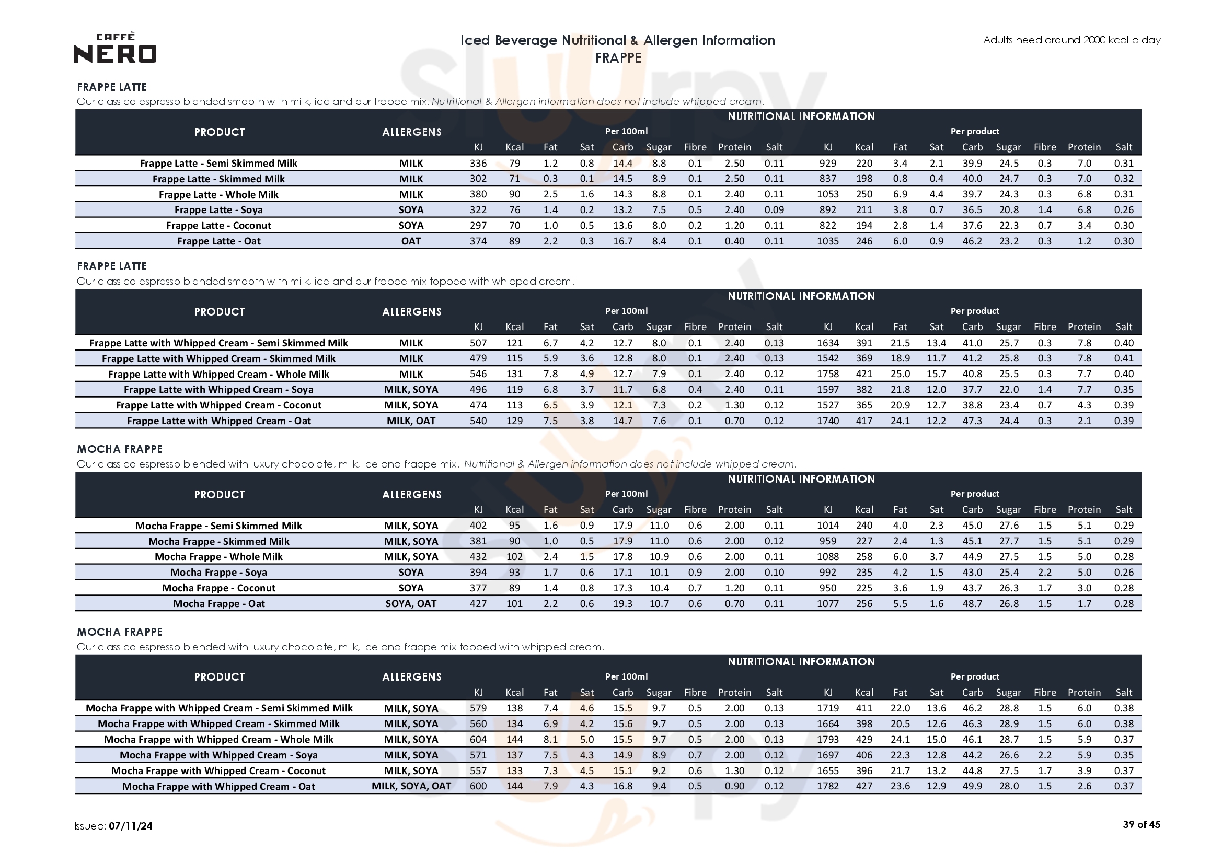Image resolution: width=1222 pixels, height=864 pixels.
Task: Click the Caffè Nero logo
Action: (115, 48)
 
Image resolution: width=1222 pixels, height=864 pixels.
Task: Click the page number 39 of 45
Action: (1141, 825)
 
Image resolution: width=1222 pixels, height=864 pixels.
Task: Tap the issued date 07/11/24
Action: (130, 826)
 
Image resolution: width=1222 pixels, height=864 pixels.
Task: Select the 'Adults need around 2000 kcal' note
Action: (1071, 40)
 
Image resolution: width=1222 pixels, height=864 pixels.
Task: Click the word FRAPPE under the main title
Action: (617, 58)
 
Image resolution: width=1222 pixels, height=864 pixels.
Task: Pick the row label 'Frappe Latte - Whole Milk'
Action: (218, 195)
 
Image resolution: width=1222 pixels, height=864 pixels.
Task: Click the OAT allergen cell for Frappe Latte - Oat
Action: (411, 241)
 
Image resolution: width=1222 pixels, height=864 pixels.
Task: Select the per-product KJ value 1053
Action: (827, 195)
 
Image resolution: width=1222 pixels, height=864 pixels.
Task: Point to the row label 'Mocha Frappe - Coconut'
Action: (218, 588)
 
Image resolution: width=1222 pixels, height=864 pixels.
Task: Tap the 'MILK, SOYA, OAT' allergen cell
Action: (411, 786)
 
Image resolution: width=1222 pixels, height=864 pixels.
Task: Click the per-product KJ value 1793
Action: (827, 740)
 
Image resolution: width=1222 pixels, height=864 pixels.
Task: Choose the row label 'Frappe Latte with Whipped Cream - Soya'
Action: (218, 390)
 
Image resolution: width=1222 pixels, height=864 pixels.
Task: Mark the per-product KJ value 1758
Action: (827, 374)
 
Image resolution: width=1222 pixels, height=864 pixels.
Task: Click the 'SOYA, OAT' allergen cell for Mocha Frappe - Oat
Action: (411, 604)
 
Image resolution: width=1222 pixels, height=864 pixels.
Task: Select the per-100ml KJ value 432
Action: (478, 557)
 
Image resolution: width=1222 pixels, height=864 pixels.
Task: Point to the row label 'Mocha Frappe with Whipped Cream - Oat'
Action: (218, 787)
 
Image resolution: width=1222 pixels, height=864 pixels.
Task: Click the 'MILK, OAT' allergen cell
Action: (411, 421)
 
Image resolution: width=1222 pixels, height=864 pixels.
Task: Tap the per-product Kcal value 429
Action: (864, 740)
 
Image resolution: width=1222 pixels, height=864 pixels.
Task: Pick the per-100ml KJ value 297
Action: (478, 226)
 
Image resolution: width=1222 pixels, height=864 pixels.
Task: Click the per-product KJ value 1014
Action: (827, 526)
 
